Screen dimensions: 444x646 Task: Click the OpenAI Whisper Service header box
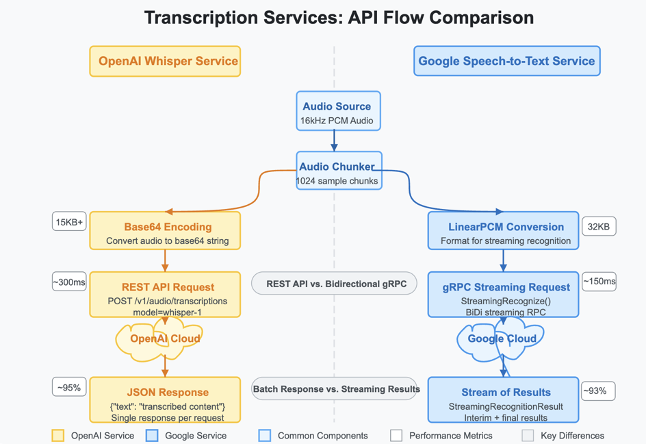[165, 61]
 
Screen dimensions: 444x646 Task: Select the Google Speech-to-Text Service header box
[506, 61]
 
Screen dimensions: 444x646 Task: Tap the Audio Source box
[338, 111]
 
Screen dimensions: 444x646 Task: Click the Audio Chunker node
[338, 171]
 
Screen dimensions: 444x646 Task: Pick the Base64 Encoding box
[165, 231]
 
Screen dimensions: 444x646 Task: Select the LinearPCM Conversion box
[503, 231]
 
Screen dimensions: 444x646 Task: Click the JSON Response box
[165, 400]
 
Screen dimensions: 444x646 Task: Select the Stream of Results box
[503, 400]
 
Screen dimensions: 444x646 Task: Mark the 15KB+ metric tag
[69, 222]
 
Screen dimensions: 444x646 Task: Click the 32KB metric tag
[599, 227]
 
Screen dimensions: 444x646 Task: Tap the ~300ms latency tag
[69, 282]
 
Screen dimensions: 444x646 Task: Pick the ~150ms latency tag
[599, 282]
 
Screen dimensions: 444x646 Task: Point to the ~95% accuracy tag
[69, 387]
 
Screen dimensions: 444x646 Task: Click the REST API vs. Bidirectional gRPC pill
[334, 284]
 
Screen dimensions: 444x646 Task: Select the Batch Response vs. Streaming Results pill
[335, 389]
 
